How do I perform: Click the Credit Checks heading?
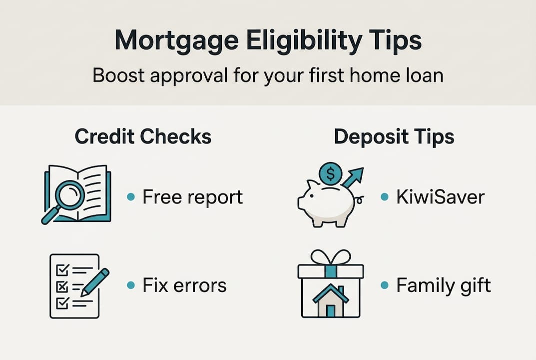click(x=143, y=137)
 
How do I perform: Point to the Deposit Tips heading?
click(x=394, y=137)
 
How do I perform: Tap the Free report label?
click(x=192, y=197)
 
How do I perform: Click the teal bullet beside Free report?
click(x=130, y=197)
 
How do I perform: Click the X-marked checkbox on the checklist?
click(x=62, y=286)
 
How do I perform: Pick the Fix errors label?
click(x=184, y=285)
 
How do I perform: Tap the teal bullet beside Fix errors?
click(x=130, y=285)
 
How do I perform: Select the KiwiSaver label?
click(x=440, y=197)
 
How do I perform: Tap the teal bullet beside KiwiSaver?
click(x=384, y=197)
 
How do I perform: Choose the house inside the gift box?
click(x=330, y=299)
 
